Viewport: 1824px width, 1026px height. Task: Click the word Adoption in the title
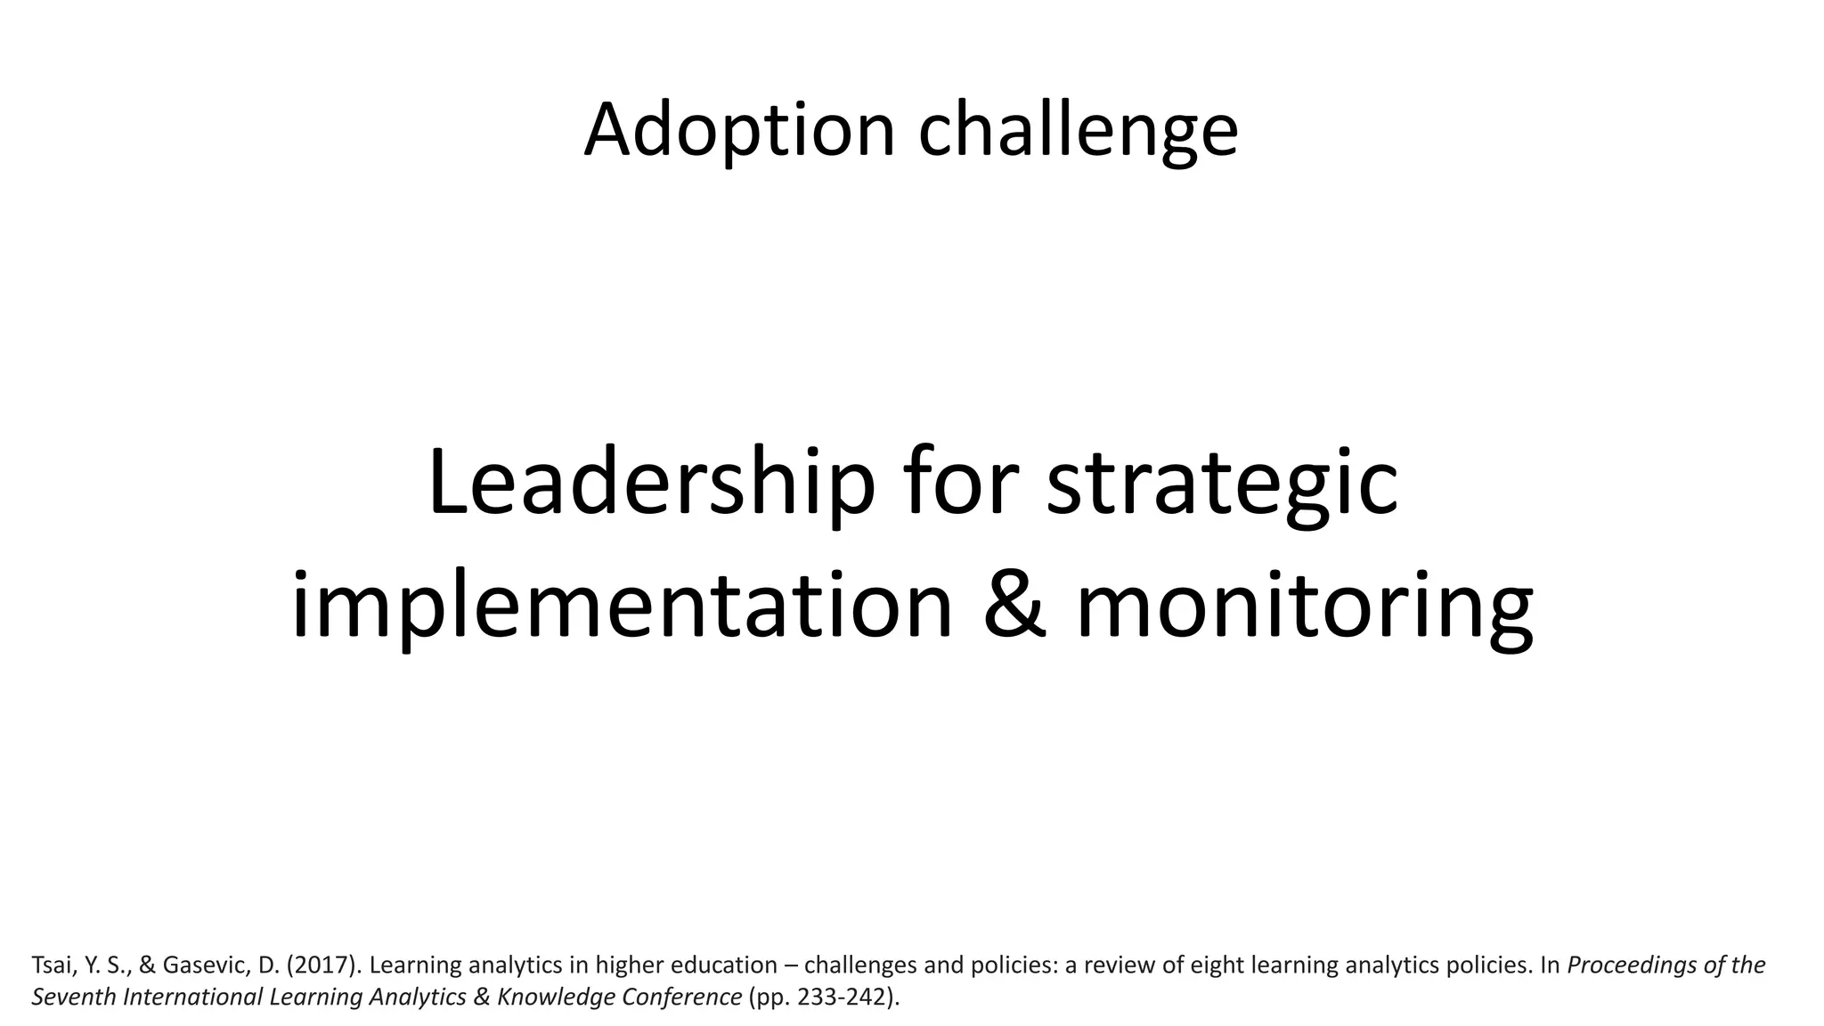[738, 130]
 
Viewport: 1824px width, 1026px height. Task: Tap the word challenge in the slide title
[1078, 130]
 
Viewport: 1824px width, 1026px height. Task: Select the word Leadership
[651, 484]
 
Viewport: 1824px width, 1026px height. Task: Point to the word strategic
[1222, 484]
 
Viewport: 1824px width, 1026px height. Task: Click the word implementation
[623, 607]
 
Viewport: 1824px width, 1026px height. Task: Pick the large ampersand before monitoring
[1015, 607]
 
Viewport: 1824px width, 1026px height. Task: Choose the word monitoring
[1305, 607]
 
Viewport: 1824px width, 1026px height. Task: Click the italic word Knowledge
[555, 997]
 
